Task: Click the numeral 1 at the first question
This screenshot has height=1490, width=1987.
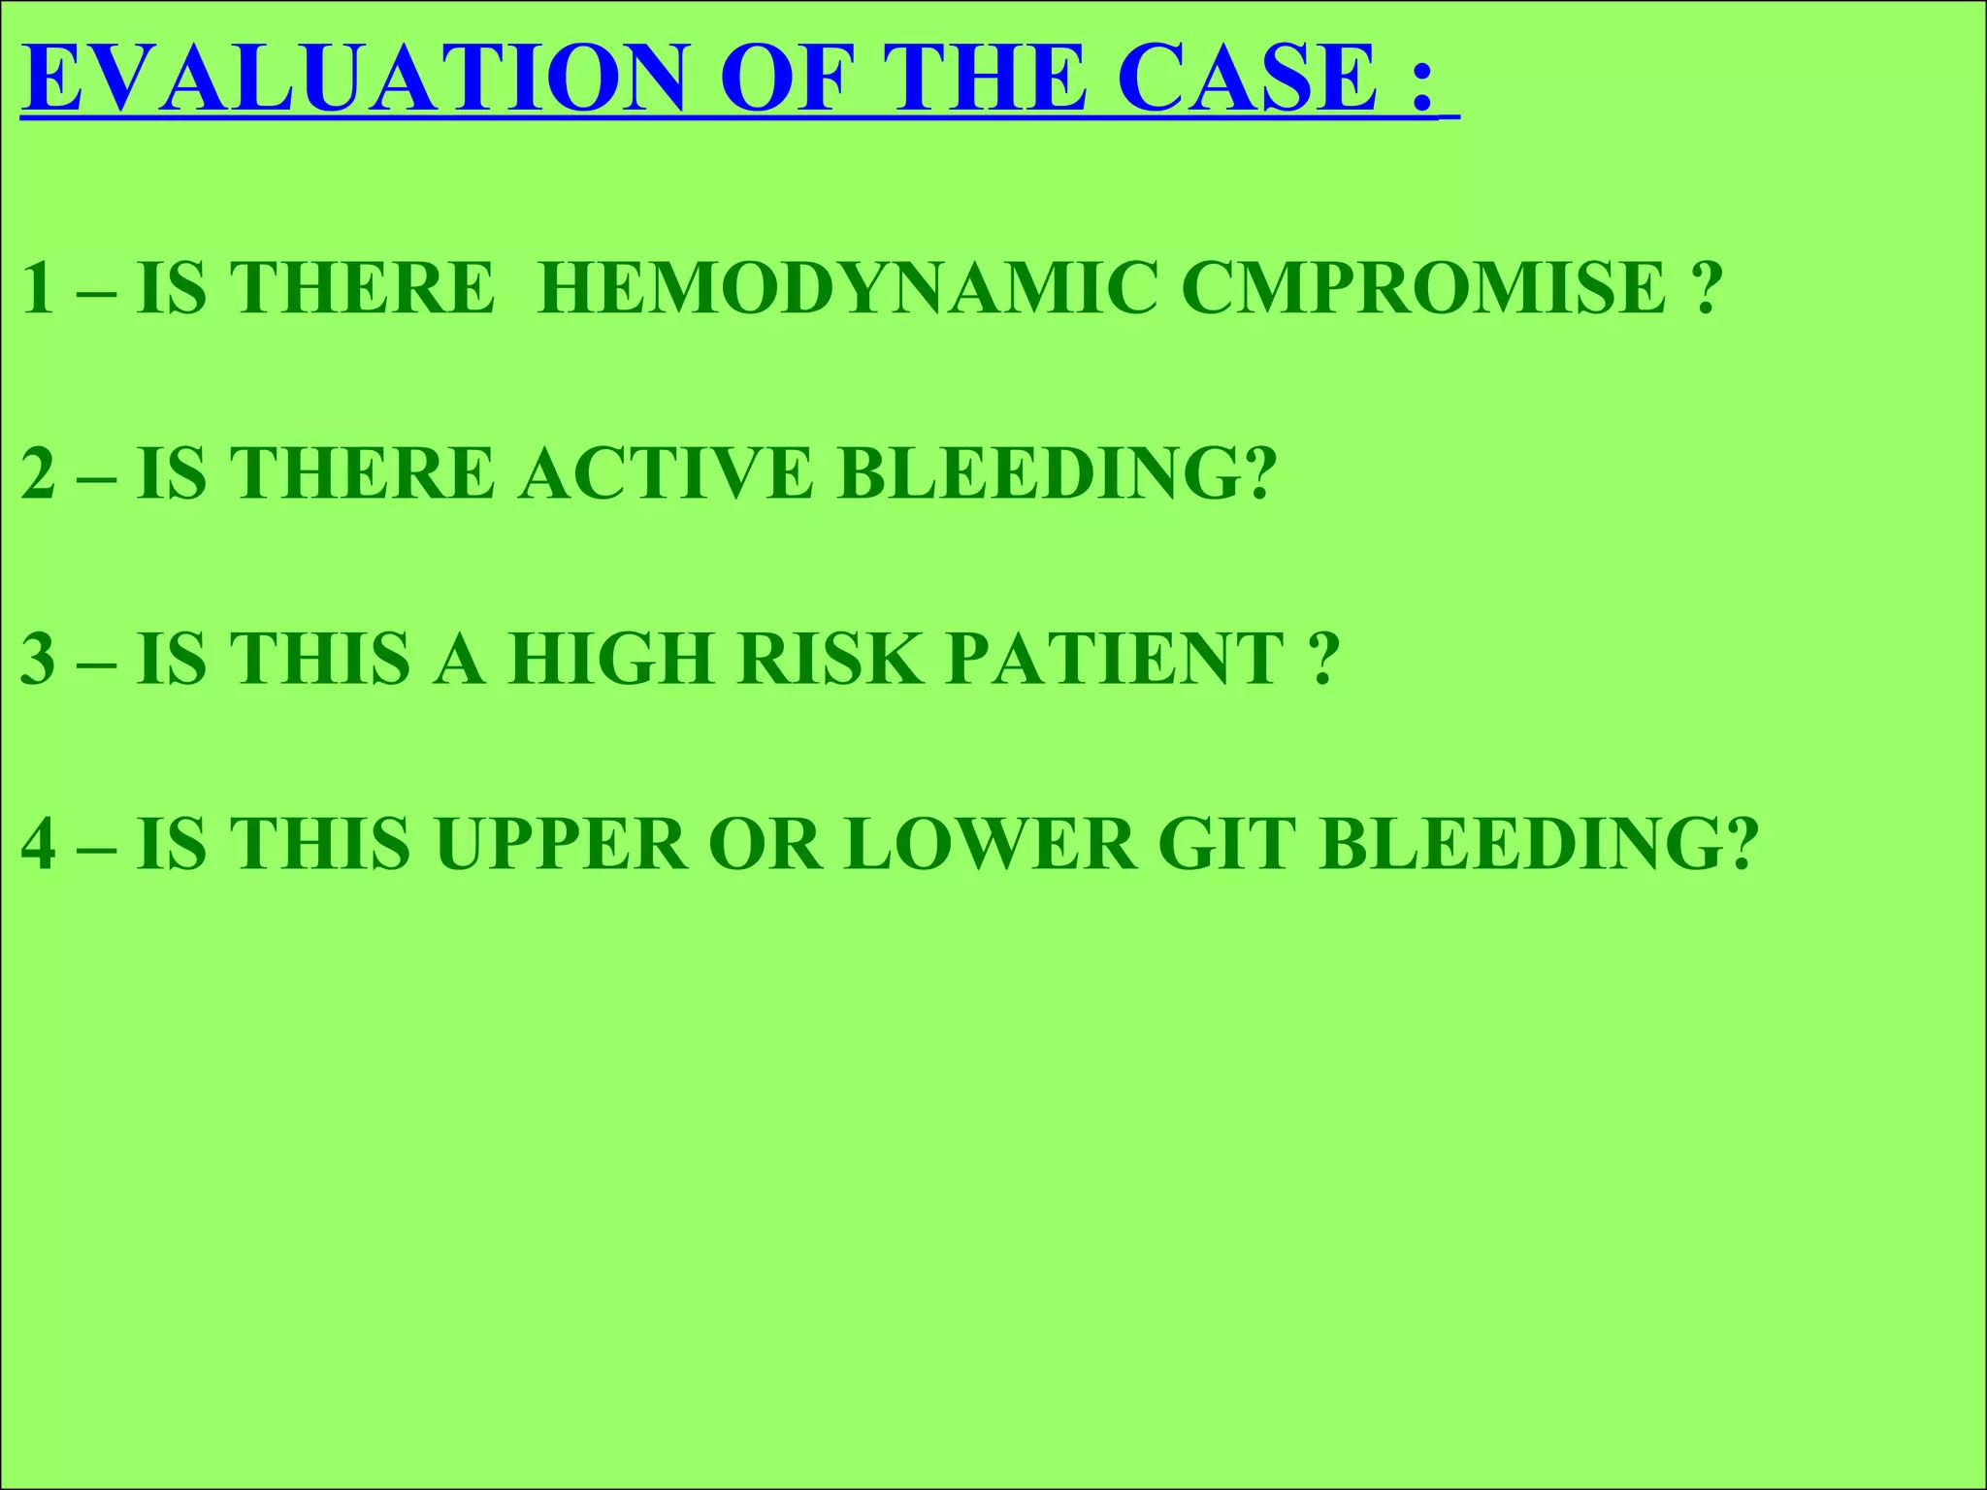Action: click(x=37, y=288)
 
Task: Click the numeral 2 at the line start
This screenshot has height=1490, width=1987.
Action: click(x=37, y=473)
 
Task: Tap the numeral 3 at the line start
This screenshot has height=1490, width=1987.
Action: click(x=37, y=659)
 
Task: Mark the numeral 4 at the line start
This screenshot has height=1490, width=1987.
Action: click(x=37, y=844)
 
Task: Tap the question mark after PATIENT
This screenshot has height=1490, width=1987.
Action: click(x=1323, y=659)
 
